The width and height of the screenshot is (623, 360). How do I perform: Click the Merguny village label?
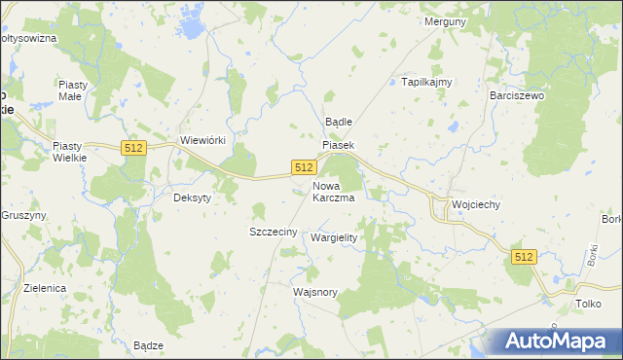pyautogui.click(x=447, y=21)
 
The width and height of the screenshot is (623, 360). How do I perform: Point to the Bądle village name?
pyautogui.click(x=338, y=123)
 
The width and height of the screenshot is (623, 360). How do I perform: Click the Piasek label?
pyautogui.click(x=339, y=145)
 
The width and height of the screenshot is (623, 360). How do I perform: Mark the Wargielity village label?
pyautogui.click(x=334, y=237)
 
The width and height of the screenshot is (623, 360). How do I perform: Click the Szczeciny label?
pyautogui.click(x=273, y=233)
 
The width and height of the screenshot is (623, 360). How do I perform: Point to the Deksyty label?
pyautogui.click(x=192, y=197)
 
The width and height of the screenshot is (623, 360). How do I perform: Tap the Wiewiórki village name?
pyautogui.click(x=202, y=140)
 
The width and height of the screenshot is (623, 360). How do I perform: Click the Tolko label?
pyautogui.click(x=587, y=304)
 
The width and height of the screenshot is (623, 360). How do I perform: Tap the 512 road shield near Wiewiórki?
pyautogui.click(x=134, y=147)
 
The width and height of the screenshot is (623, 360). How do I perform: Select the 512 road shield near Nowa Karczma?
pyautogui.click(x=303, y=168)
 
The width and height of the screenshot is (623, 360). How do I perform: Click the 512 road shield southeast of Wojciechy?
pyautogui.click(x=524, y=256)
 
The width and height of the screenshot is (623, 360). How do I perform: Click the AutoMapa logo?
pyautogui.click(x=556, y=342)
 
